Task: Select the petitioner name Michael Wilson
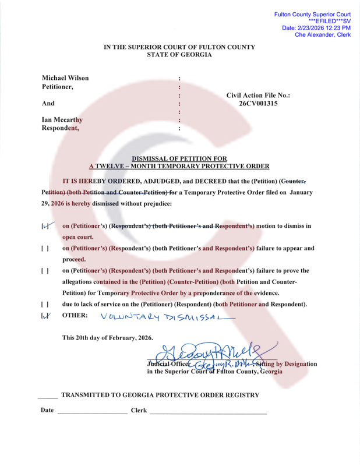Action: pos(66,78)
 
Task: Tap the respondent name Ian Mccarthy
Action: pos(62,120)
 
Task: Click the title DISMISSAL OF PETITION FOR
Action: pos(179,158)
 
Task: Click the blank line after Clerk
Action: pos(208,411)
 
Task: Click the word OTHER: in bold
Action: pos(75,316)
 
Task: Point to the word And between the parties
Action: pos(48,104)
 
